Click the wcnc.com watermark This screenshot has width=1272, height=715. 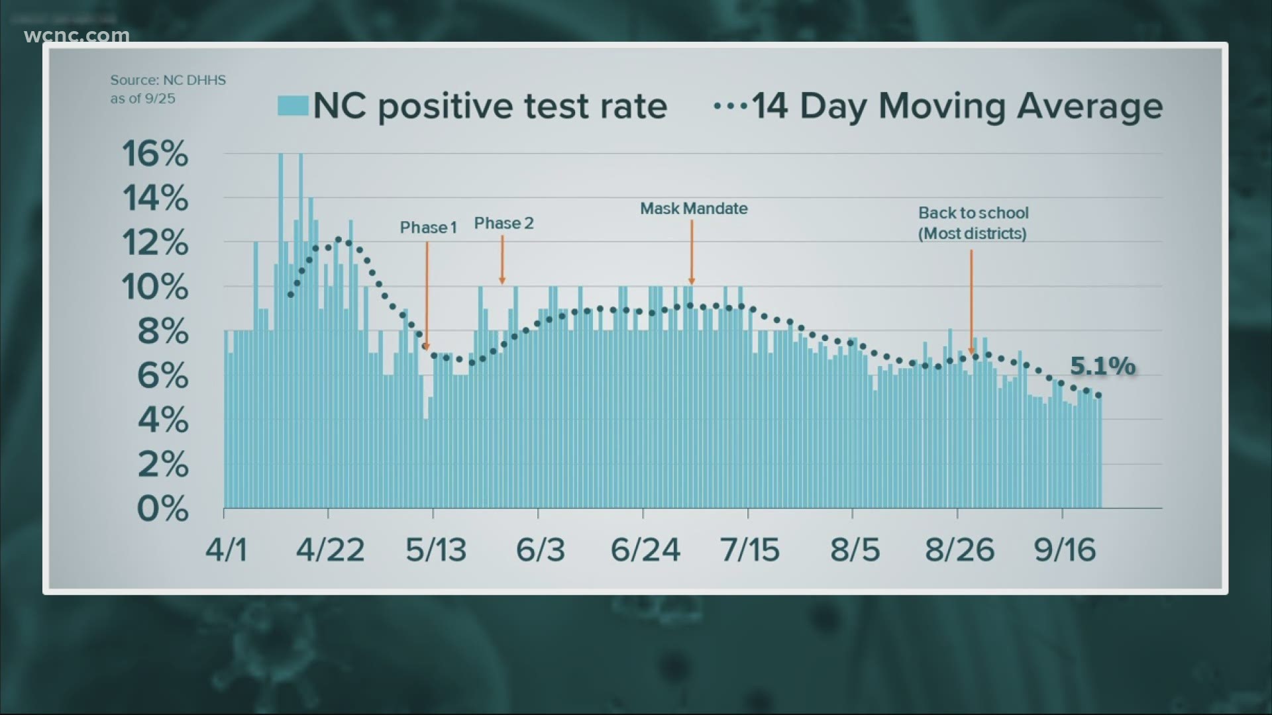(76, 35)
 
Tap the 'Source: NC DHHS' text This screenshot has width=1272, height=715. (168, 80)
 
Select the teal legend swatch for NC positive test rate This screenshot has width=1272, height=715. (293, 106)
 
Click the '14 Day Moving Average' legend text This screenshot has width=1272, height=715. (957, 106)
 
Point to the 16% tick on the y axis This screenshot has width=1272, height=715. (155, 154)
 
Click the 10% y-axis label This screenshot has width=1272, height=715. (155, 287)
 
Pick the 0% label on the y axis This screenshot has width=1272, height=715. (163, 509)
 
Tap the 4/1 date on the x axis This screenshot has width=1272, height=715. (227, 550)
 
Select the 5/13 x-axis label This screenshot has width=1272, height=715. (436, 550)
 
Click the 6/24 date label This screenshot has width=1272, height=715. (645, 550)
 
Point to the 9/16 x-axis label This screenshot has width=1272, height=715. (1065, 550)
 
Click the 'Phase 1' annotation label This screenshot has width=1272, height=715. (428, 228)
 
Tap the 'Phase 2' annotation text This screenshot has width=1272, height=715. (503, 224)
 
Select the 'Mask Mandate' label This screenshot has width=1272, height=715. (694, 209)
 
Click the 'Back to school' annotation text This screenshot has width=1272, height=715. (973, 213)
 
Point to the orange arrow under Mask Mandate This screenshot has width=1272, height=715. (692, 252)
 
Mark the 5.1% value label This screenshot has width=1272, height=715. (1102, 366)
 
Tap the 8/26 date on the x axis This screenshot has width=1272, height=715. (959, 550)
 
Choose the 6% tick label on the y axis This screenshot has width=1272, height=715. (163, 376)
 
